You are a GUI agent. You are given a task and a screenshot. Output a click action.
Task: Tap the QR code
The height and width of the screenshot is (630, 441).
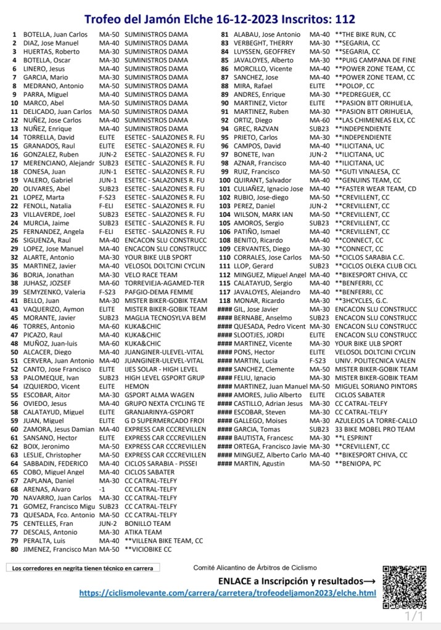click(x=403, y=586)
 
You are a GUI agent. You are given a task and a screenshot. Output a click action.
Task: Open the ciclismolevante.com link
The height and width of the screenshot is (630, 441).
click(x=228, y=593)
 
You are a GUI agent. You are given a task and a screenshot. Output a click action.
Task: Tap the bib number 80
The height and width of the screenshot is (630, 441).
click(x=13, y=549)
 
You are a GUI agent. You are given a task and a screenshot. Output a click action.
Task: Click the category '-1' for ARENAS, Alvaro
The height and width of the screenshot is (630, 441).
click(x=102, y=489)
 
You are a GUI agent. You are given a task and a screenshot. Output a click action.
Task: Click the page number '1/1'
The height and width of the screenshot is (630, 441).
click(x=414, y=616)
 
